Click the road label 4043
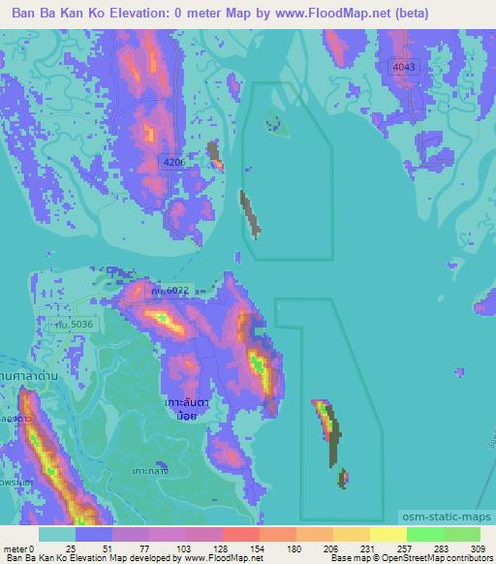pyautogui.click(x=404, y=66)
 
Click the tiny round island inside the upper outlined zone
pyautogui.click(x=274, y=122)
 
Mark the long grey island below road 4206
pyautogui.click(x=250, y=213)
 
